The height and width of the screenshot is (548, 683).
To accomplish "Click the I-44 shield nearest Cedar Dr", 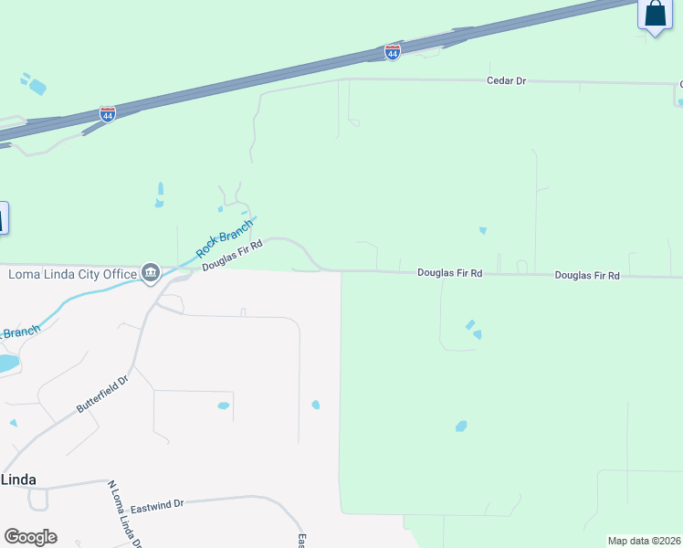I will pos(392,53).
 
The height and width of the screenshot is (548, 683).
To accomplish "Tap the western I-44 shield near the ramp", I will pos(108,114).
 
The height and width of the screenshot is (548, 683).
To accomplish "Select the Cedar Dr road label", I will pos(507,81).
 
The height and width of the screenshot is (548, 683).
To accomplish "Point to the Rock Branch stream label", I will pos(225,237).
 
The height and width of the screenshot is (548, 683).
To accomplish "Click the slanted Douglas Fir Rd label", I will pos(233,255).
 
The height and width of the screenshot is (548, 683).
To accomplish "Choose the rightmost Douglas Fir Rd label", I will pos(587,275).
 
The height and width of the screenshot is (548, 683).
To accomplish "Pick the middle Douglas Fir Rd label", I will pos(449,273).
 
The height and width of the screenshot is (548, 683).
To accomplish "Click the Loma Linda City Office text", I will pos(71,273).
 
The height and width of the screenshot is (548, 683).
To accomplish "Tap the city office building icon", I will pos(151,272).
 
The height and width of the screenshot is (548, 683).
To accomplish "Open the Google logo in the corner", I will pos(30,537).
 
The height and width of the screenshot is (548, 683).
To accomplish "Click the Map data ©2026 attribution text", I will pos(645,541).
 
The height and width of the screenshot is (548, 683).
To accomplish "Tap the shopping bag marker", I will pos(654,15).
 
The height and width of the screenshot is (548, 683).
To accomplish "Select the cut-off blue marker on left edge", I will pos(3,218).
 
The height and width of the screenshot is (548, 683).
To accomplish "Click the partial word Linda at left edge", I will pos(18,479).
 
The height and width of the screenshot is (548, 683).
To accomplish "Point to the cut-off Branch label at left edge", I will pos(19,332).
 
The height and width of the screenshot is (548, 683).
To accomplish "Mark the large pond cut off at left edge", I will pos(6,363).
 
